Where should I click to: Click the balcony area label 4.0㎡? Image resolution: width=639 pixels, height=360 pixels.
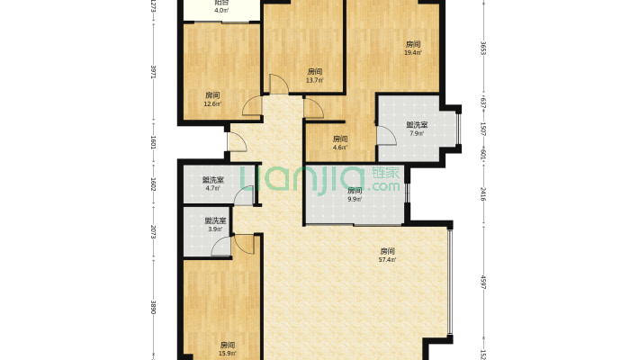click(220, 11)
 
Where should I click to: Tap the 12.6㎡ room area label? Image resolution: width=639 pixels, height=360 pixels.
click(212, 103)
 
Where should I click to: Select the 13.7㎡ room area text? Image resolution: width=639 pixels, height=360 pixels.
click(314, 80)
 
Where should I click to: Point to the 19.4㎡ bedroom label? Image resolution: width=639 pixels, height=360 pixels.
click(413, 52)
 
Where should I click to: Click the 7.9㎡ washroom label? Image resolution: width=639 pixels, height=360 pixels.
click(417, 134)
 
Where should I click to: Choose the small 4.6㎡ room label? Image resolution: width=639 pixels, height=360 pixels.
click(339, 148)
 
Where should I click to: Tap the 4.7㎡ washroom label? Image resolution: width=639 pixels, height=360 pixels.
click(214, 188)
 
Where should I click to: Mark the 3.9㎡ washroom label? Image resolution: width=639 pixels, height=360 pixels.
click(215, 229)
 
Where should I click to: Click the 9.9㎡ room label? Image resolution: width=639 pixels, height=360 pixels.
click(354, 199)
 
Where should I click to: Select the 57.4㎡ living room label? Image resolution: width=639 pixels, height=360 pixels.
click(388, 260)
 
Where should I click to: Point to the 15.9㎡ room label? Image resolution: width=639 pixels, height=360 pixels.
click(228, 353)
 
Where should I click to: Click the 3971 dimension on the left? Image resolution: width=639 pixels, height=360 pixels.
click(153, 71)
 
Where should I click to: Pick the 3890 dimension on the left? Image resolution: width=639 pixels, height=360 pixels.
click(153, 307)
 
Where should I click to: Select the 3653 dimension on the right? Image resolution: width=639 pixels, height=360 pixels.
click(483, 48)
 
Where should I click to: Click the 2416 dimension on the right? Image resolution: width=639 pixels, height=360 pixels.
click(483, 192)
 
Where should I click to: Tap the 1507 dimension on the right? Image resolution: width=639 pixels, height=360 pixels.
click(483, 129)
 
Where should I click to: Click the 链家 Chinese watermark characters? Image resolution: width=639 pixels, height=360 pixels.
click(382, 173)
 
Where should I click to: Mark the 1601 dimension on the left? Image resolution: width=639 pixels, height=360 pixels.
click(153, 142)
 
